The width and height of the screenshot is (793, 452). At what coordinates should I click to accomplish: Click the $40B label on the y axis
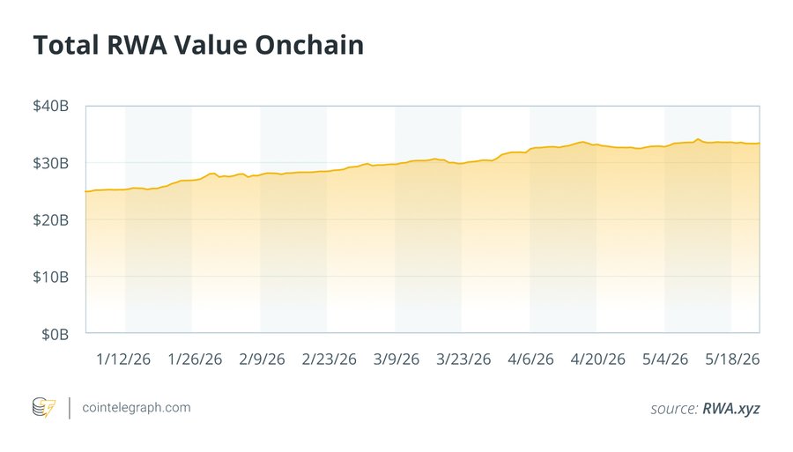click(50, 107)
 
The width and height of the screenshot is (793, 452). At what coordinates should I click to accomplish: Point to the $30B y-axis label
click(50, 163)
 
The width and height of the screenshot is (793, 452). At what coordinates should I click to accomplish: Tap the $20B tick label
click(50, 220)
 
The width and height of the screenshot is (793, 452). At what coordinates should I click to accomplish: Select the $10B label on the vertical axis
click(50, 277)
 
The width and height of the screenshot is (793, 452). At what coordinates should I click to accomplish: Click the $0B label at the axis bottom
click(56, 334)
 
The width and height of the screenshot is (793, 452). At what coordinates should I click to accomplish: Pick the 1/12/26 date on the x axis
click(123, 359)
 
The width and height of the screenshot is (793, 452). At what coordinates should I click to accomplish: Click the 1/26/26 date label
click(195, 359)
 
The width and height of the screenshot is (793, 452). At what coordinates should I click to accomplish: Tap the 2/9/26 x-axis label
click(262, 359)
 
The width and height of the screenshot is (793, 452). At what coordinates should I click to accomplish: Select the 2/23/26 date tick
click(330, 359)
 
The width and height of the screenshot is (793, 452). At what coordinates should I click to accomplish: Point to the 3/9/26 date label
click(396, 359)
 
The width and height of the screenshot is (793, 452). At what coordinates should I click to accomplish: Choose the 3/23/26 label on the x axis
click(463, 359)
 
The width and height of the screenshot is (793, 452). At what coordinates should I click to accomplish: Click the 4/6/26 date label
click(530, 359)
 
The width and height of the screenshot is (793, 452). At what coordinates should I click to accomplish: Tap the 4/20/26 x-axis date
click(597, 359)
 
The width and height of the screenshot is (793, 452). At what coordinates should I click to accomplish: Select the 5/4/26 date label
click(665, 359)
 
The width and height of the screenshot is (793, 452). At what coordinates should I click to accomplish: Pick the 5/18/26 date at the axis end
click(732, 359)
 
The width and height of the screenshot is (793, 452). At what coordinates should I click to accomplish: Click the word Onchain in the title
click(309, 45)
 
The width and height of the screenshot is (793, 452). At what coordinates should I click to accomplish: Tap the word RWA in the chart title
click(137, 45)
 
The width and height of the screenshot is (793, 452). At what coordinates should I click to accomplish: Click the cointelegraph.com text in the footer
click(137, 408)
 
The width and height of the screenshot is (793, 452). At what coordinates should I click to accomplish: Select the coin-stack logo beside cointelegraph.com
click(44, 408)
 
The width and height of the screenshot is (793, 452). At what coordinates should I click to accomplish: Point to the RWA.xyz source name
click(731, 409)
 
